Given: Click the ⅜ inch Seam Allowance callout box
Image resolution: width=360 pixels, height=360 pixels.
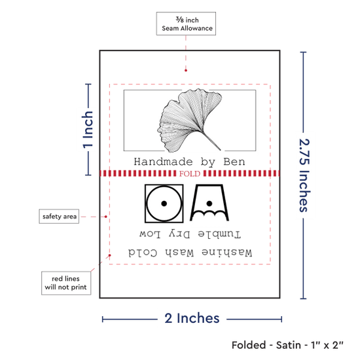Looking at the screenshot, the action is [x=186, y=24].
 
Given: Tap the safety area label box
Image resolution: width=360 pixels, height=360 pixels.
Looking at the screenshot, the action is [x=59, y=216].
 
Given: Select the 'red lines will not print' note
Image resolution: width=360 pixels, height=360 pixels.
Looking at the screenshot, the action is [x=66, y=283].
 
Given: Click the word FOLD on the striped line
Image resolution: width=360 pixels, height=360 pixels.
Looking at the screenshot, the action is [x=190, y=173].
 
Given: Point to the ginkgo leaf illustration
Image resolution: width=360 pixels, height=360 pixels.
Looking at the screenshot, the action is [x=190, y=120].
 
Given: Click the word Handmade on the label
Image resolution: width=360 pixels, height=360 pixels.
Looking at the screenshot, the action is [x=163, y=162].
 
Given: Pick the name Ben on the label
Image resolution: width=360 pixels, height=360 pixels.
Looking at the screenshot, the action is [x=234, y=162].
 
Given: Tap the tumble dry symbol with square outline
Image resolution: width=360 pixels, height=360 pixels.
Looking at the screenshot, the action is [x=164, y=204].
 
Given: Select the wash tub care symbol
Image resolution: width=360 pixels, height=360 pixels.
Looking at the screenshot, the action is [x=209, y=202].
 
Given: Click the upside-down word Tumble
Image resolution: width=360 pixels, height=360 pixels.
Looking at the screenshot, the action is [x=219, y=234].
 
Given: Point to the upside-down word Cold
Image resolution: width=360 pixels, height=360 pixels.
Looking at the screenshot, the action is [x=143, y=253].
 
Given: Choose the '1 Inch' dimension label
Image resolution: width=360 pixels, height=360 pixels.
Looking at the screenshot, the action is [x=88, y=130].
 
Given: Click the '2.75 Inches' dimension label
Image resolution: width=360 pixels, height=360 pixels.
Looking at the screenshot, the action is [x=304, y=175].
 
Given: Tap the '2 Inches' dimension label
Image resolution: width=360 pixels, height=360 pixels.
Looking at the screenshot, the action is [x=192, y=318].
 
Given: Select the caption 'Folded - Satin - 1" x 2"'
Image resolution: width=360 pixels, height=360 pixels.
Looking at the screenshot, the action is [x=287, y=345].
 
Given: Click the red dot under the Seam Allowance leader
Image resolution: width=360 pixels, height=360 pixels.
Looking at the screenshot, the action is [x=186, y=70].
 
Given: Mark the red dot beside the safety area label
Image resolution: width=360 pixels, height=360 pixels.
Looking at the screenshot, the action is [x=106, y=217].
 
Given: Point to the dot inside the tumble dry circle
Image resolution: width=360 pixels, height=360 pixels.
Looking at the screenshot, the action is [x=164, y=204].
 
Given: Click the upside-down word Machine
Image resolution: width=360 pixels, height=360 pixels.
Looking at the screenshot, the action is [x=227, y=253].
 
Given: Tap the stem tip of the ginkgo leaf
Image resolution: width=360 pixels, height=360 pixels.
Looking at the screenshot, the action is [x=220, y=150].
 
